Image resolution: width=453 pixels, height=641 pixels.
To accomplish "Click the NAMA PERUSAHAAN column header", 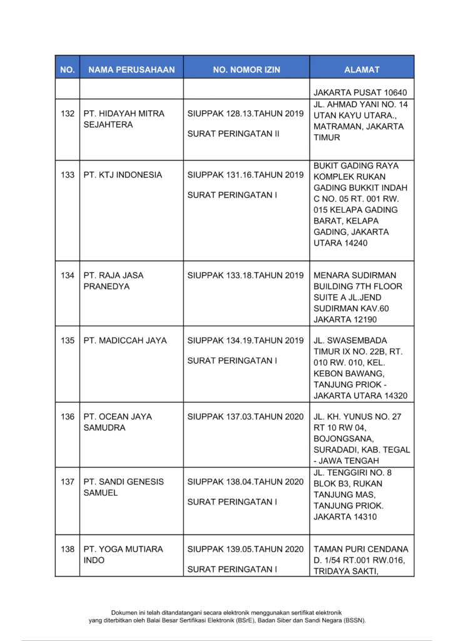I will point(131,69).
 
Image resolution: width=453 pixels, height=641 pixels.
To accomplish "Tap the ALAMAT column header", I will point(362,69).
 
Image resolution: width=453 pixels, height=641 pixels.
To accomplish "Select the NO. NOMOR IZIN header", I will point(247,69).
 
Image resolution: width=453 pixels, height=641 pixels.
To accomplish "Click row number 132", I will point(68,114).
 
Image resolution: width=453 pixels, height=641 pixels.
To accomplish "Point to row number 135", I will point(68,341).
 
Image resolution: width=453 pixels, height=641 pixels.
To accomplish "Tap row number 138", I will point(68,549).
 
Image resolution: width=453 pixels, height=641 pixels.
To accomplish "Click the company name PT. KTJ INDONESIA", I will point(123,175).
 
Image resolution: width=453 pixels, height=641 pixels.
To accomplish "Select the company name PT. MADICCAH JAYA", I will point(125,341).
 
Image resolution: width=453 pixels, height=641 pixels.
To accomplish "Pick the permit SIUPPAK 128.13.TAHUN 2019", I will point(245,114).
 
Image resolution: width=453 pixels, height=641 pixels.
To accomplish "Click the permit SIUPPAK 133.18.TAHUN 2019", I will point(245,275).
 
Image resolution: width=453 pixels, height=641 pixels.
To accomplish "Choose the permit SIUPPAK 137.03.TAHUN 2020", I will point(245,417).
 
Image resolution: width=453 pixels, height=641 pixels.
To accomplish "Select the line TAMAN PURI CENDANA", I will point(360,549).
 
